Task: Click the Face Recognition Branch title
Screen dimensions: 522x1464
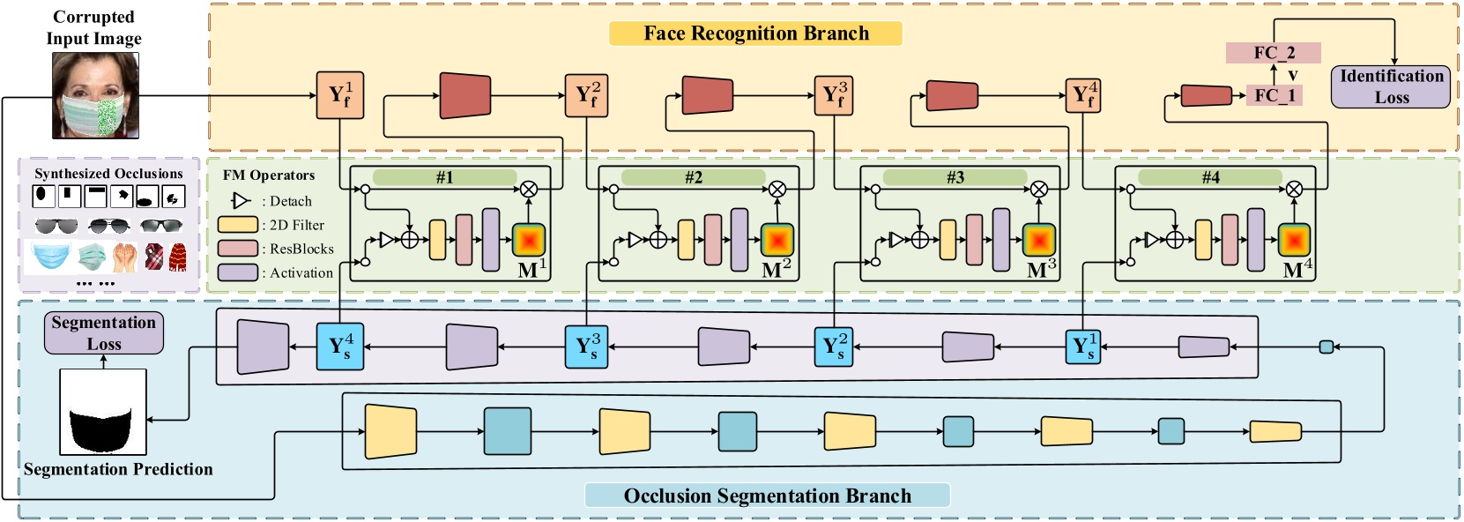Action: click(x=755, y=34)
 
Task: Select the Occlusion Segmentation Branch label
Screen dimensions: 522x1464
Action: click(x=767, y=496)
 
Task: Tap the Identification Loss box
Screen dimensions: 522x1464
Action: click(x=1391, y=86)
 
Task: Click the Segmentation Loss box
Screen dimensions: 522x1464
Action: click(x=104, y=333)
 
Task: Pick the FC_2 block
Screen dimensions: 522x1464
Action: click(x=1274, y=53)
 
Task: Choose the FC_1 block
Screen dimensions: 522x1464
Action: click(x=1274, y=95)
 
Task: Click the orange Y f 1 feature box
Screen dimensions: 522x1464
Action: click(x=339, y=96)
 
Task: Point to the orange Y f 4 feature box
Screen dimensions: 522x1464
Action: click(x=1084, y=96)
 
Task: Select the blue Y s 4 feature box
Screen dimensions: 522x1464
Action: click(x=339, y=346)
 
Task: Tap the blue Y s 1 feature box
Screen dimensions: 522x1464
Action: click(x=1083, y=346)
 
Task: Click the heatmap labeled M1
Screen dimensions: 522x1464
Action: click(x=529, y=240)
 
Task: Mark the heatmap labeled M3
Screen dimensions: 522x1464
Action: click(x=1039, y=240)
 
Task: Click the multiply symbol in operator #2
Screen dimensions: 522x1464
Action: click(x=777, y=189)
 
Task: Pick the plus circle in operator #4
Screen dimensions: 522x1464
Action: click(x=1174, y=239)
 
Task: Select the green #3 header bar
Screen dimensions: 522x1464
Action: click(x=955, y=177)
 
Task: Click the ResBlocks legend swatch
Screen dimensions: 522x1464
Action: click(x=237, y=249)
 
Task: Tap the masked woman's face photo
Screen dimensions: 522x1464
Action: click(x=95, y=95)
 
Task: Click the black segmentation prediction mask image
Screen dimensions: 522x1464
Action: click(x=103, y=412)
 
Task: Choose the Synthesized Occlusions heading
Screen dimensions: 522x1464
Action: click(x=108, y=174)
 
